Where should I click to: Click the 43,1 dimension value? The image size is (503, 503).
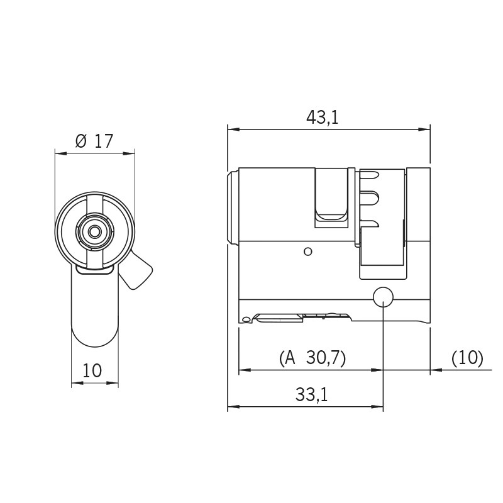pyautogui.click(x=322, y=117)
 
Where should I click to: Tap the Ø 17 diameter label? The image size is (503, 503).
pyautogui.click(x=94, y=141)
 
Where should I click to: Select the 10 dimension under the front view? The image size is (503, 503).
pyautogui.click(x=92, y=371)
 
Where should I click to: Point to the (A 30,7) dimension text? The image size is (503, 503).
pyautogui.click(x=312, y=358)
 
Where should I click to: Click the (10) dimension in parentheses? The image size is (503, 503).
pyautogui.click(x=467, y=358)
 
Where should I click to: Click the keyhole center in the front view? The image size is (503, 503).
pyautogui.click(x=94, y=231)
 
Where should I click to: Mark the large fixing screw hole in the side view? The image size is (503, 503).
pyautogui.click(x=383, y=297)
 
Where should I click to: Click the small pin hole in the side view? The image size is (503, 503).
pyautogui.click(x=307, y=252)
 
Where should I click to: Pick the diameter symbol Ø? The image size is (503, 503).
pyautogui.click(x=81, y=141)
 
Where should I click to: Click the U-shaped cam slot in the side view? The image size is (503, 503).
pyautogui.click(x=331, y=198)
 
